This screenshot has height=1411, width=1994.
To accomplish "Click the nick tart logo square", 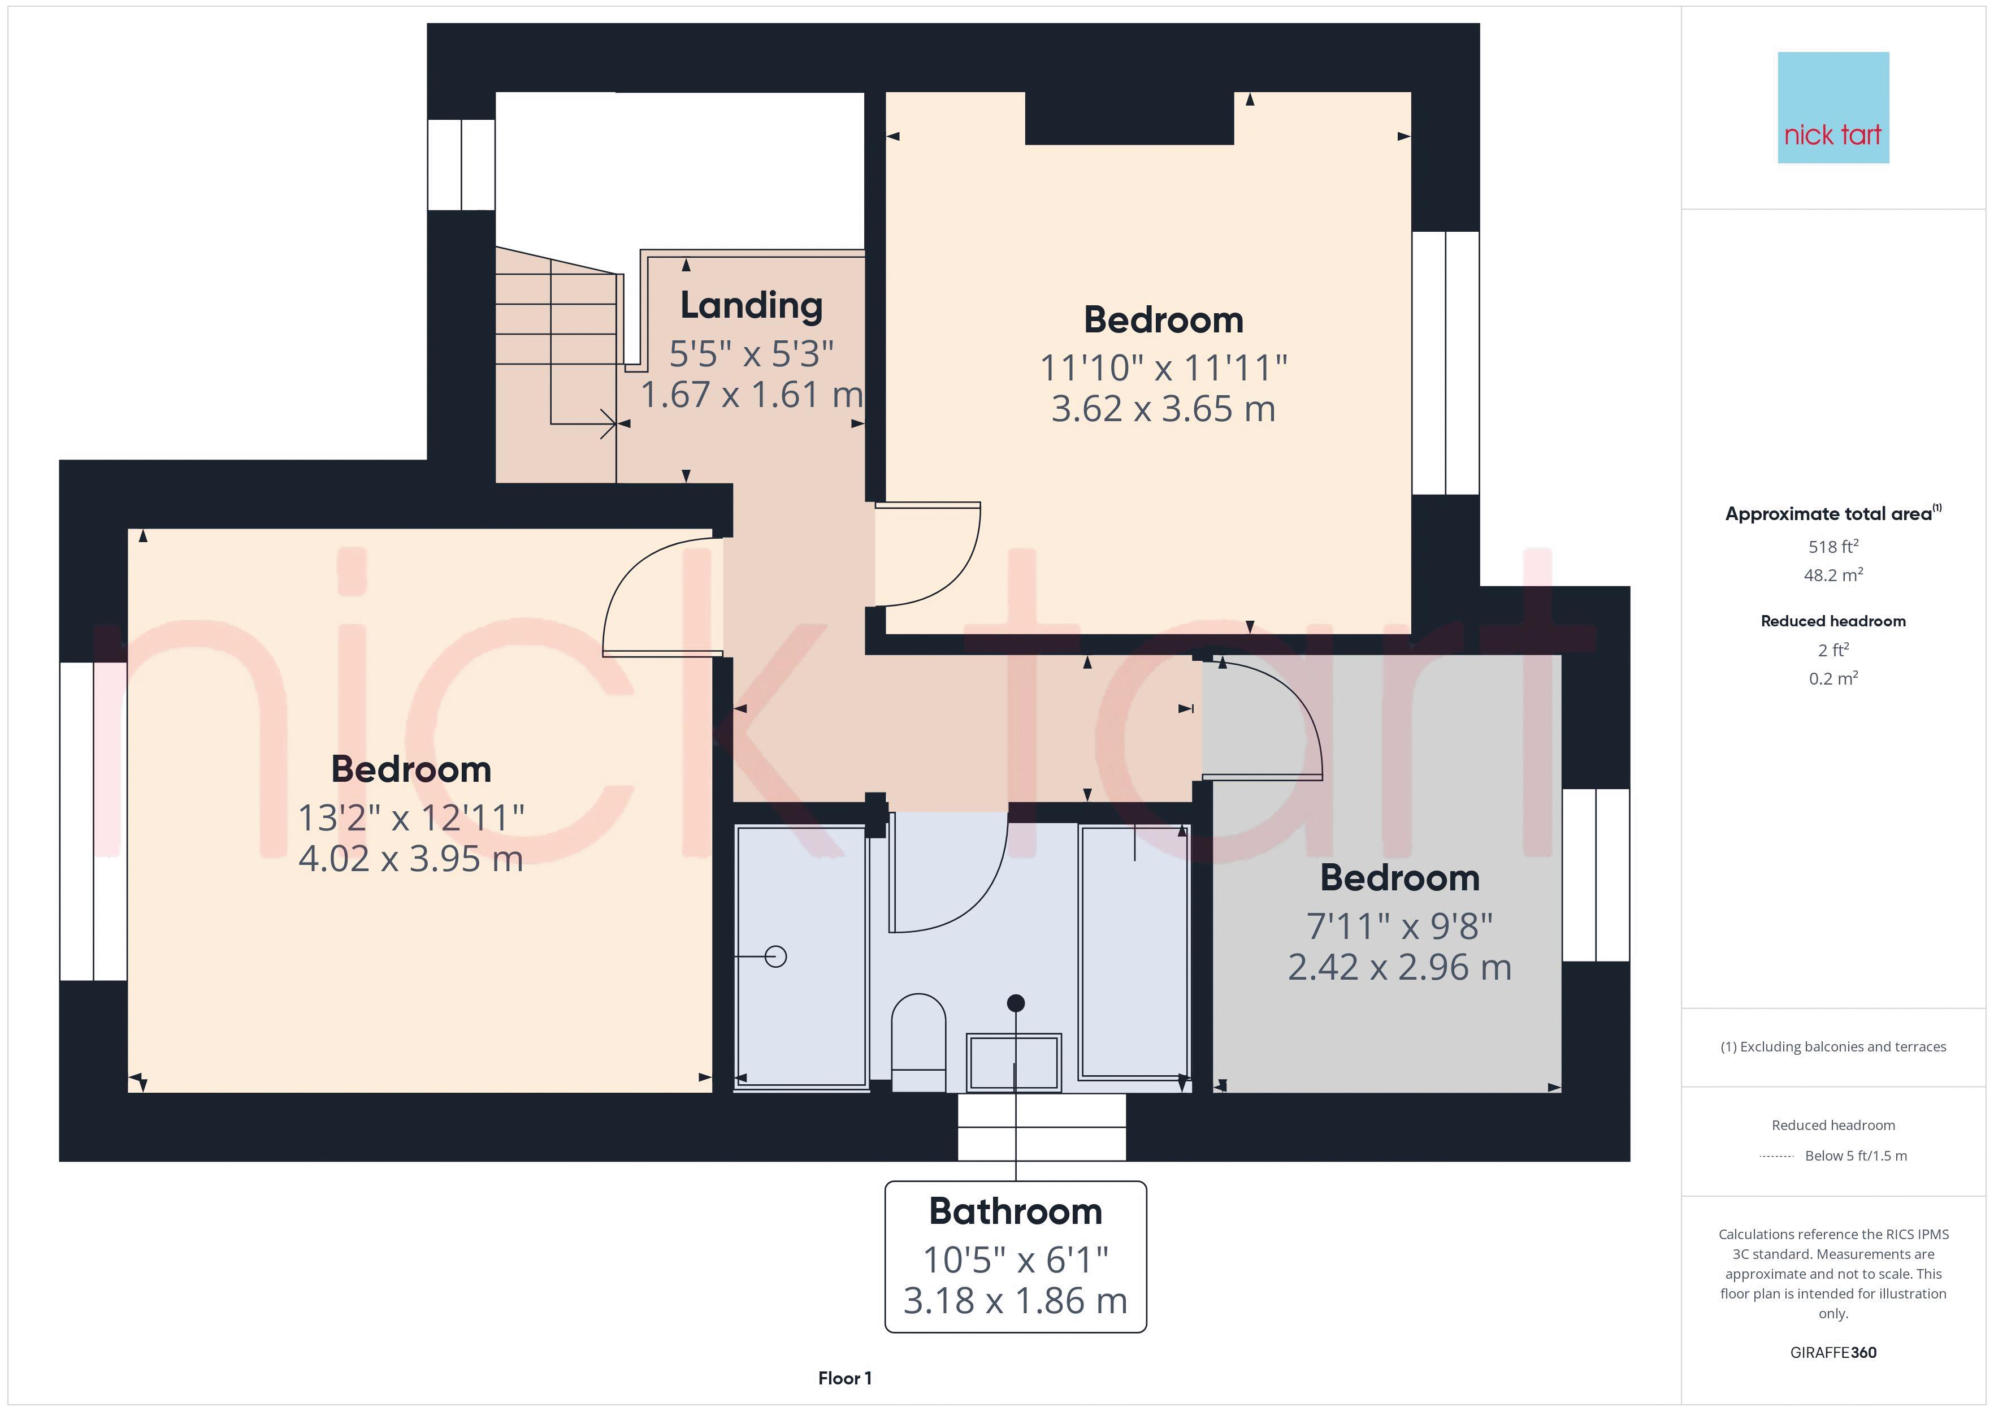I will tap(1832, 108).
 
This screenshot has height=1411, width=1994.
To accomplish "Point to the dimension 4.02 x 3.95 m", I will tap(411, 859).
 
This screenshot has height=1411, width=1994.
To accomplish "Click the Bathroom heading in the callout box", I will tap(1015, 1211).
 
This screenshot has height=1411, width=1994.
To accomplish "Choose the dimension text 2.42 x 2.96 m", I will tap(1399, 968).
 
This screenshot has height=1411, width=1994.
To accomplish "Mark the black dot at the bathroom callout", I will tap(1015, 1003).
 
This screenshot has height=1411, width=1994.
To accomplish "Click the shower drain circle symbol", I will tap(775, 956).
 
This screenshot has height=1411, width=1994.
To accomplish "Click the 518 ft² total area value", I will tap(1832, 547).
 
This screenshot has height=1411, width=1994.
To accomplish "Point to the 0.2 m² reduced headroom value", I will tap(1832, 678).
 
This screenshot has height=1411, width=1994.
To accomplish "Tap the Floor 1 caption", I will tap(844, 1378).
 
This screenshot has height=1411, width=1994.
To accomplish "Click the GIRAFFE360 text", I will tap(1832, 1353).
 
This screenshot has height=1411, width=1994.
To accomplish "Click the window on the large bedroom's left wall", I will tap(93, 821).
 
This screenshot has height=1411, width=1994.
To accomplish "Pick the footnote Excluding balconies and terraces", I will tap(1832, 1047).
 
